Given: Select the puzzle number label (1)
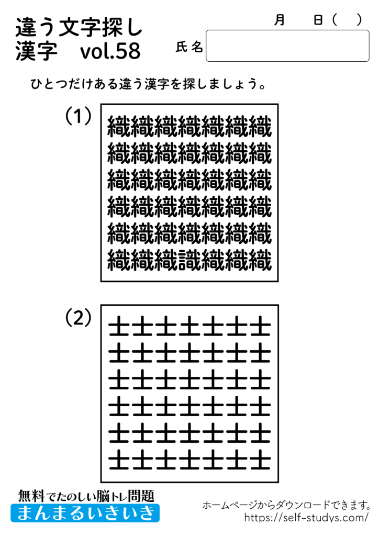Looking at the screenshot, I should click(79, 116).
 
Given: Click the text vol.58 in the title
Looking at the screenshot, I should click(110, 51).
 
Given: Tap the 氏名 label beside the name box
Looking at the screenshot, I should click(189, 48).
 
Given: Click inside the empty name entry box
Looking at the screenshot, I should click(287, 46).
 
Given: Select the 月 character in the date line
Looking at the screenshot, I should click(280, 20).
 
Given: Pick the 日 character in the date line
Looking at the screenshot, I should click(318, 20).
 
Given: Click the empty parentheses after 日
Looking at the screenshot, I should click(347, 20).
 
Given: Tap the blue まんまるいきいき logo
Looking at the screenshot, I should click(85, 512).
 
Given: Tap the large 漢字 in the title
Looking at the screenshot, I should click(32, 51).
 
